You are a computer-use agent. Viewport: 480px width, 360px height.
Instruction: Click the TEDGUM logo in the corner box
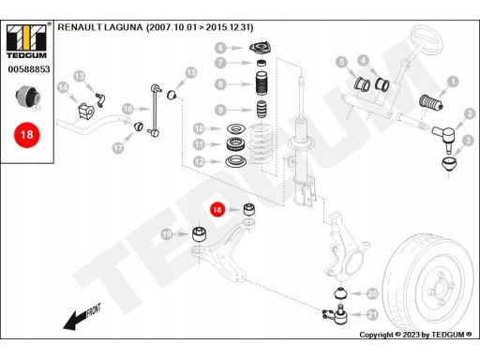point(26,41)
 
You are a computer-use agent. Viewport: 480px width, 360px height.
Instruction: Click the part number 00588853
point(29,69)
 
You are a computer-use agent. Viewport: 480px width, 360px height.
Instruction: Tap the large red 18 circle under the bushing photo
point(27,135)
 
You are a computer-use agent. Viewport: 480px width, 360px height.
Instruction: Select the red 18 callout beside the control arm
point(217,210)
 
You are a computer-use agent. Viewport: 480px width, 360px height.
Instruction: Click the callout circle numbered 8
point(220,84)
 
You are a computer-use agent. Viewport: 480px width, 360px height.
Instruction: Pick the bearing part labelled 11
point(235,144)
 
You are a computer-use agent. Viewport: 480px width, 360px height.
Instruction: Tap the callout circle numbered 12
point(199,161)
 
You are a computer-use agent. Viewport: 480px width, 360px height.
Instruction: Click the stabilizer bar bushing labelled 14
point(85,110)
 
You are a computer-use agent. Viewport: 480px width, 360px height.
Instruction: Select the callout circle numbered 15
point(191,72)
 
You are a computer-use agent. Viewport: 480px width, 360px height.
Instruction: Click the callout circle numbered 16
point(127,109)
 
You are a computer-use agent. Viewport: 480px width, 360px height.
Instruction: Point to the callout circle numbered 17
point(118,147)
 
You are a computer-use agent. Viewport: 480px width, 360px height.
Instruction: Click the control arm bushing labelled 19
point(199,233)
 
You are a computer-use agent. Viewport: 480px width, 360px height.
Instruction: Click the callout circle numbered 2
point(470,114)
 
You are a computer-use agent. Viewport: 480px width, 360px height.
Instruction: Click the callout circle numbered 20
point(372,293)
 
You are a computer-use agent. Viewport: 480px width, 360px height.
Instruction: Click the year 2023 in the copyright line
point(411,335)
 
